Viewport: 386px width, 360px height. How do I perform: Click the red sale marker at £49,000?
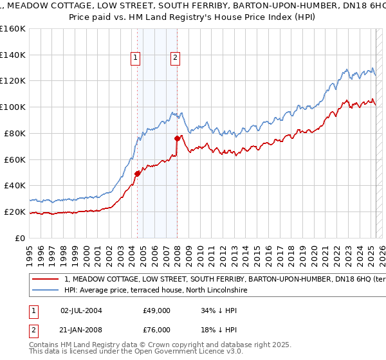(137, 174)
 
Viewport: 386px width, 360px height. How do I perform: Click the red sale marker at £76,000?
(178, 138)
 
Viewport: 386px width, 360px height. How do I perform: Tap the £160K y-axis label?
(13, 28)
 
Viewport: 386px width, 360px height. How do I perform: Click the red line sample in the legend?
(46, 280)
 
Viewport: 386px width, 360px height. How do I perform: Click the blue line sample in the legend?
(46, 291)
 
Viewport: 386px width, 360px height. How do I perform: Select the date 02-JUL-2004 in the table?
(82, 310)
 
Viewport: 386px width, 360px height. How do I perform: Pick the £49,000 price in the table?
(157, 310)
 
